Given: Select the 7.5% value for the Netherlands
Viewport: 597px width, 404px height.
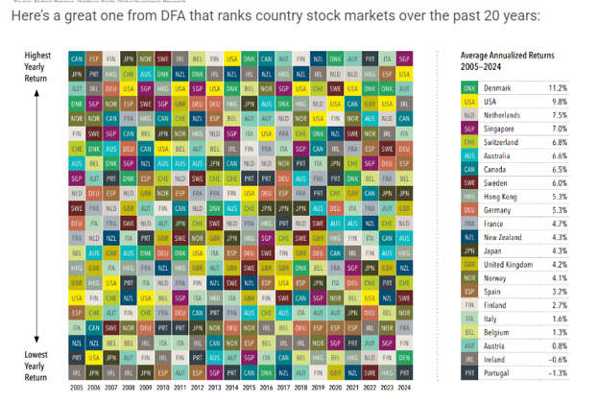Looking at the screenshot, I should (x=558, y=114).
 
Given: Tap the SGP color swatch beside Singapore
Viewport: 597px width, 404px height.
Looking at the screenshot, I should (x=469, y=129).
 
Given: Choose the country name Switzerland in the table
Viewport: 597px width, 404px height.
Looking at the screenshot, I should (x=505, y=142).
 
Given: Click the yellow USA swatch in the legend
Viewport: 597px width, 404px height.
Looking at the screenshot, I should (x=469, y=101).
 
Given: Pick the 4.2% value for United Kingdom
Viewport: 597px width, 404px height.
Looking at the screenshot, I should (x=558, y=264).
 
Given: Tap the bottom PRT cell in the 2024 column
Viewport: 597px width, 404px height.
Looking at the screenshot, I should (x=403, y=370).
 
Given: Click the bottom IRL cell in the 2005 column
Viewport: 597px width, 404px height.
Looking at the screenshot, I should (x=76, y=370).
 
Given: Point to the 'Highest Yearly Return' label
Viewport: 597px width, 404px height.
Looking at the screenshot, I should (x=37, y=68).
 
